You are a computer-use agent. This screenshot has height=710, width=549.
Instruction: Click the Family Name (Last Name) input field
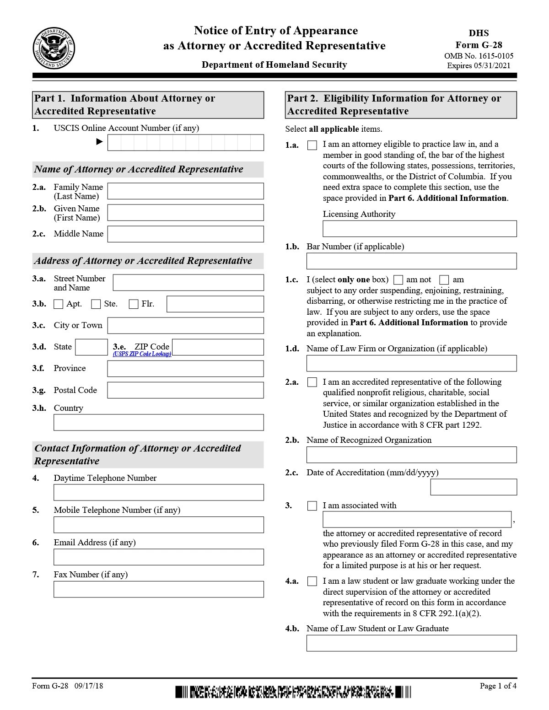coord(185,191)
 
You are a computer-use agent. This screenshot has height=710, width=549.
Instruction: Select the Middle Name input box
coord(185,234)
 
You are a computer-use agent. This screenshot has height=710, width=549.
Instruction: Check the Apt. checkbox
coord(59,304)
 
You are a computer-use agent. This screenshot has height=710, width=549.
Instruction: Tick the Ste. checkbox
coord(96,304)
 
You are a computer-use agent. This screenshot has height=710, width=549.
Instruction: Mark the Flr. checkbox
coord(134,304)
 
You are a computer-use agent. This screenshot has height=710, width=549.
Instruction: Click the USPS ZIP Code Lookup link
coord(142,354)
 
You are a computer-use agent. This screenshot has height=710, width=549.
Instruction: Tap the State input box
coord(91,347)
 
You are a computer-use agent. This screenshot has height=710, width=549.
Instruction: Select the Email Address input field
coord(158,557)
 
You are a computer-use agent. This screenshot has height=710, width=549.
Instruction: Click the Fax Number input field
coord(158,589)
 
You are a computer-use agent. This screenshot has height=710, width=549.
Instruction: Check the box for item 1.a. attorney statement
coord(312,145)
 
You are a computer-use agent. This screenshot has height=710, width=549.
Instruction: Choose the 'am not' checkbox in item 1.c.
coord(398,280)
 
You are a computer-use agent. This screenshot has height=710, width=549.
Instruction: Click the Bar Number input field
coord(411,261)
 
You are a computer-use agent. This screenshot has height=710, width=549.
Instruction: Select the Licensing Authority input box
coord(420,229)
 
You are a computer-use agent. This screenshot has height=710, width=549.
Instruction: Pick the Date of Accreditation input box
coord(474,487)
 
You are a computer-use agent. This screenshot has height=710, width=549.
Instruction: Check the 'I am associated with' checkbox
coord(312,506)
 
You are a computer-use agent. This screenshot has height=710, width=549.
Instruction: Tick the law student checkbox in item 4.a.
coord(312,581)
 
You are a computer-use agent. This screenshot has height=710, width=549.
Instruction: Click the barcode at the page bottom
coord(293,692)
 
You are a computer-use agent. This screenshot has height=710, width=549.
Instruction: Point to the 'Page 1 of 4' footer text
coord(498,686)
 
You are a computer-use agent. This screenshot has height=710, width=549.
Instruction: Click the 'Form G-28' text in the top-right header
coord(479,45)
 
